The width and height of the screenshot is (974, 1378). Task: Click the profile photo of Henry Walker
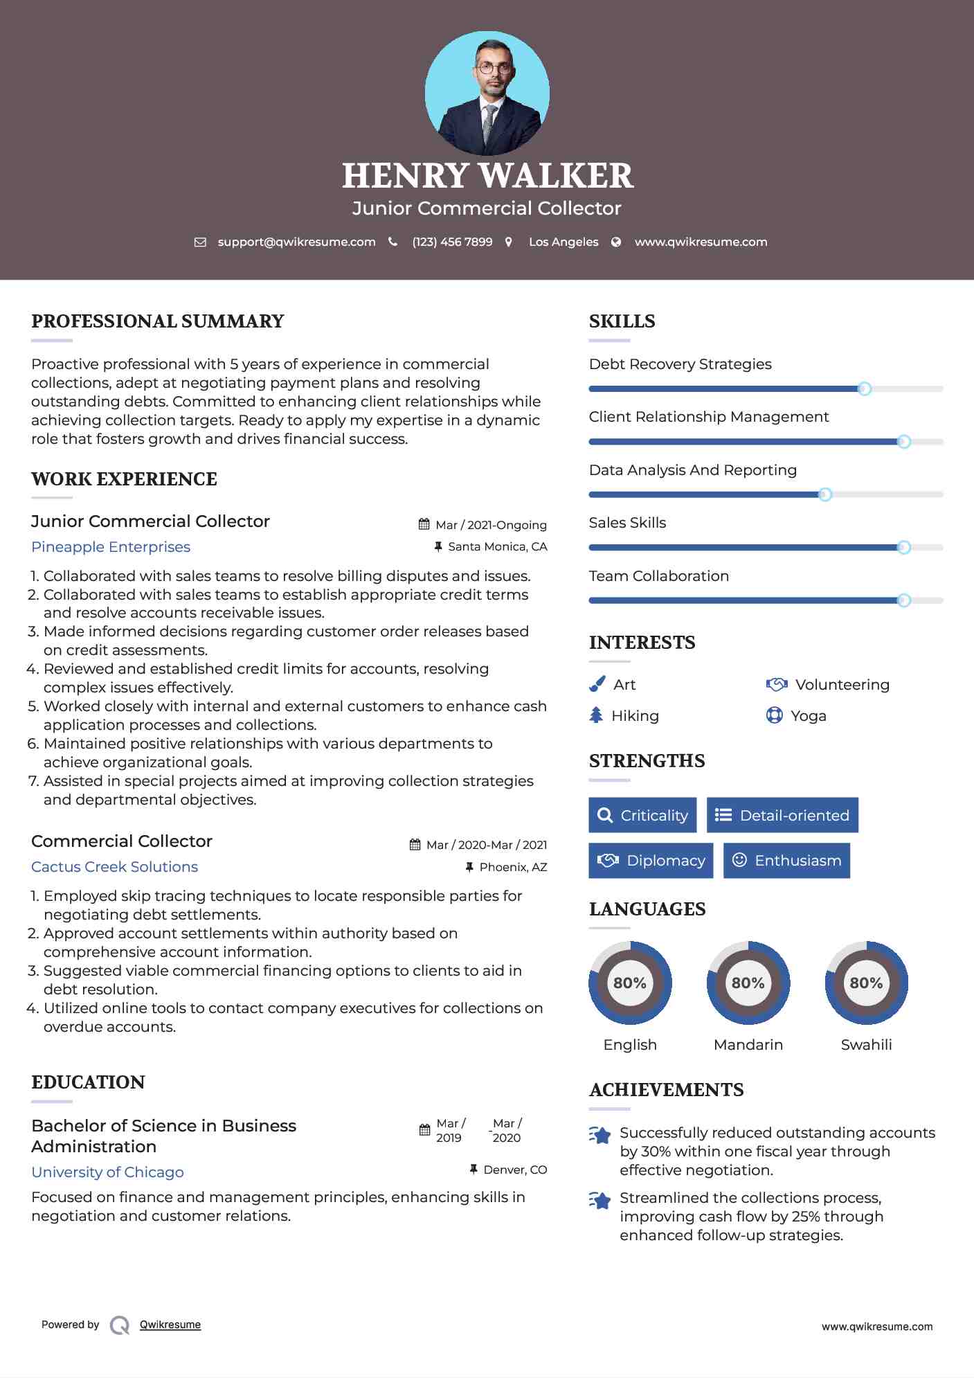487,93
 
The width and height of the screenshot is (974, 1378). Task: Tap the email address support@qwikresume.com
296,242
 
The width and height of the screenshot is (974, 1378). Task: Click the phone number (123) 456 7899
452,242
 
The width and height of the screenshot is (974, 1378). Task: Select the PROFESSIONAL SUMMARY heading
158,321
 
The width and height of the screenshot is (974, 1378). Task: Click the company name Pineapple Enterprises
111,547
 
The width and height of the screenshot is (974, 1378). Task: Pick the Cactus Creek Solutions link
115,867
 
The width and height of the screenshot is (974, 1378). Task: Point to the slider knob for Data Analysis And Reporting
825,494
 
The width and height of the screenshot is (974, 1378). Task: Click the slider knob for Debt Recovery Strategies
864,388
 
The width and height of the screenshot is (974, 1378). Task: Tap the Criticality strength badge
642,815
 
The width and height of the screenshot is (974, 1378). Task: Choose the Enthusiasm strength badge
786,861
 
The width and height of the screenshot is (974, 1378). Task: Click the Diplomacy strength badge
651,861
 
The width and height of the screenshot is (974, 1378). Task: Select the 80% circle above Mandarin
748,983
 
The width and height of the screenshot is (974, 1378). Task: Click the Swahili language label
866,1045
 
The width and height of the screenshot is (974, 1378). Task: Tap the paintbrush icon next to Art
597,685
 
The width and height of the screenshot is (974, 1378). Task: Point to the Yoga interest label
809,716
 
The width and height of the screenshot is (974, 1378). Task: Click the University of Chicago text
107,1172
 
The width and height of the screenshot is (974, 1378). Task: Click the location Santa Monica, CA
497,547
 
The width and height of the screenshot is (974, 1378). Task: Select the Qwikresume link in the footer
170,1325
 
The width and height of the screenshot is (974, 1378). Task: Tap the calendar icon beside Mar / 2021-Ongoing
424,525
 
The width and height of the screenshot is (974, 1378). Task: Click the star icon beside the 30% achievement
600,1136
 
